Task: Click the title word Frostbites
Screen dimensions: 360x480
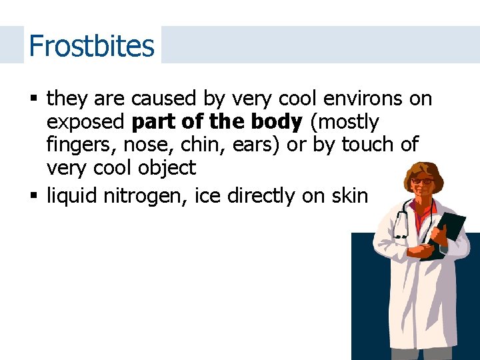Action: coord(91,45)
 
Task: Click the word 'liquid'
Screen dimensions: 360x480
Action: coord(74,196)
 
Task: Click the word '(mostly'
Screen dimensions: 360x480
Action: coord(344,122)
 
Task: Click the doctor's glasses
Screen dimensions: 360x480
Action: coord(421,181)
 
